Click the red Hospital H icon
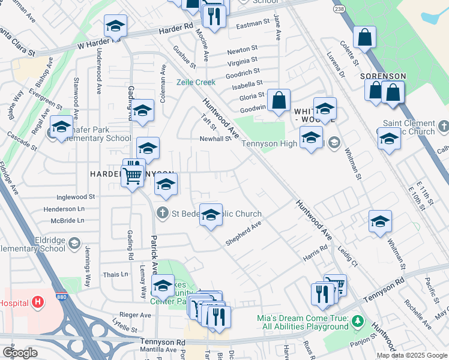(38, 302)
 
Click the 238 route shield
(340, 10)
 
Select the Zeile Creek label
(196, 82)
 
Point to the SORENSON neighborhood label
(383, 76)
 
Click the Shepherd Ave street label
(243, 233)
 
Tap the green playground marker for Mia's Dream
(358, 322)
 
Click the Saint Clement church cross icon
(444, 126)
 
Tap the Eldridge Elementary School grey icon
(74, 243)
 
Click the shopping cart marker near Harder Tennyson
(132, 176)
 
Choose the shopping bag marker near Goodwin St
(279, 101)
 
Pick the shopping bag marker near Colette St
(364, 38)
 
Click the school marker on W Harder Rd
(115, 26)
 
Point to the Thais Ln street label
(116, 274)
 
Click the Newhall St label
(215, 139)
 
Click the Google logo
(20, 353)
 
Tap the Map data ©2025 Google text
(412, 355)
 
